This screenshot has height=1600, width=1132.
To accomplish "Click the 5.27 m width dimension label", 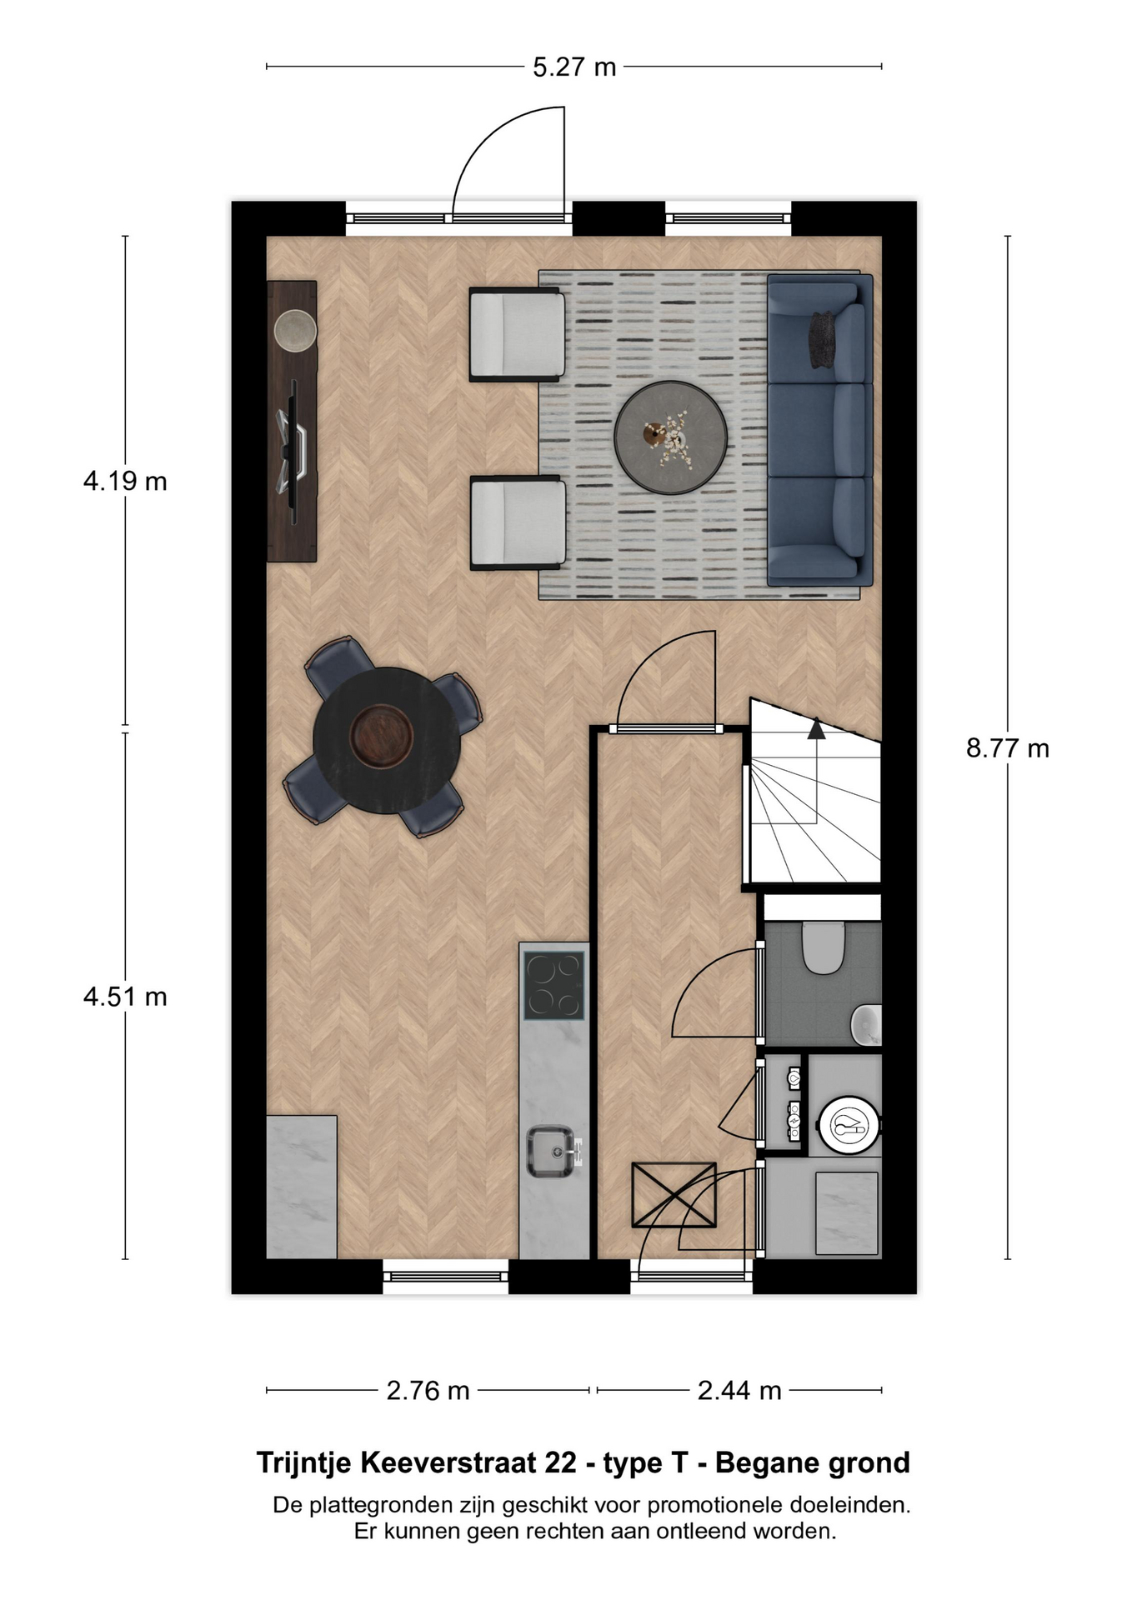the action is click(x=574, y=67).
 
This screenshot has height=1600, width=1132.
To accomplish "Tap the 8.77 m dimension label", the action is click(x=1007, y=748).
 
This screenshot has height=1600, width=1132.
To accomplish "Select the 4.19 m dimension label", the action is click(x=125, y=481).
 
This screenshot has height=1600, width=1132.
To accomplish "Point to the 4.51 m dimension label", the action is click(x=125, y=997).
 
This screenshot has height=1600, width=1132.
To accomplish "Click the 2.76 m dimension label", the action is click(x=428, y=1391).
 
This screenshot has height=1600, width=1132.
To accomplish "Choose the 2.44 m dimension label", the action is click(x=739, y=1391).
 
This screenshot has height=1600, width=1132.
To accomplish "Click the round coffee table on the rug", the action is click(x=671, y=437).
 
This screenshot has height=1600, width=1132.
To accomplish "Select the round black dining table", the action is click(x=387, y=740).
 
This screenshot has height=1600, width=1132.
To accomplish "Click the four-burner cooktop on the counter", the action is click(x=553, y=985).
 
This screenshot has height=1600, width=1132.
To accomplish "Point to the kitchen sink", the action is click(x=552, y=1151).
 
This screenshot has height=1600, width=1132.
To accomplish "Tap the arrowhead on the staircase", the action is click(x=816, y=729).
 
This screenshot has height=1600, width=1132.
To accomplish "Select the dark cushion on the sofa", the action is click(x=822, y=339).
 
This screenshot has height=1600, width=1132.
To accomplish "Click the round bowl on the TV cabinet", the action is click(x=296, y=331).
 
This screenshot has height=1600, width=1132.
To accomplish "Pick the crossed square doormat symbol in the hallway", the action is click(x=674, y=1195).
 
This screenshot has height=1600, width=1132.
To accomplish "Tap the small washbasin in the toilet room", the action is click(x=867, y=1024).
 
